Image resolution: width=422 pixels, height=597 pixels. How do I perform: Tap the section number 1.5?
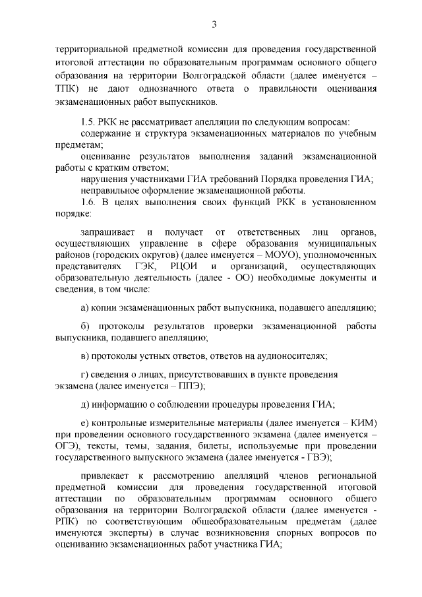(x=88, y=122)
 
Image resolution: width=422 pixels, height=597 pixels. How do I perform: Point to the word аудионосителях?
(x=289, y=356)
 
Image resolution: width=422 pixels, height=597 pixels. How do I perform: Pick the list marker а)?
(x=85, y=307)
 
